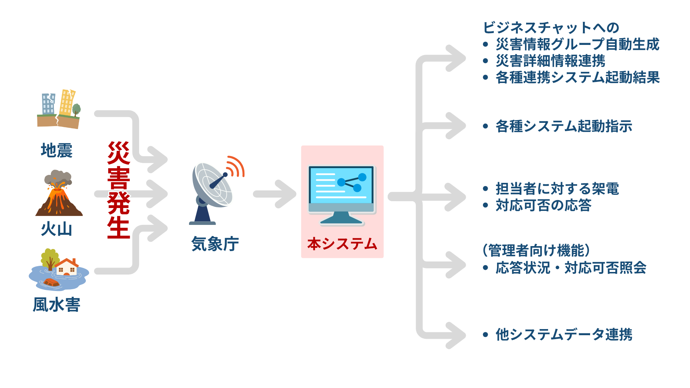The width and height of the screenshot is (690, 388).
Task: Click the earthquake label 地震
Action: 56,151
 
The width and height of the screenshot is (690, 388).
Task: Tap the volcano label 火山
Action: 56,229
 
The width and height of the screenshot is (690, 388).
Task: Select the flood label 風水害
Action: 56,305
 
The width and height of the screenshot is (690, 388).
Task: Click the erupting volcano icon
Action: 59,194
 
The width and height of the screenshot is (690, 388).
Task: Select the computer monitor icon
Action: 341,194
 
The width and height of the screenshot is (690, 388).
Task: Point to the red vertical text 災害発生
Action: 118,190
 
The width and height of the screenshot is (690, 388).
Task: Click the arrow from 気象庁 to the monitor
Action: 275,194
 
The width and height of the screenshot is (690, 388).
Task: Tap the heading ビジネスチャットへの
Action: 551,28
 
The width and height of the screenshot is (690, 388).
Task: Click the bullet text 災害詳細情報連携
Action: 550,61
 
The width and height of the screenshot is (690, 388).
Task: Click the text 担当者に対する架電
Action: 557,189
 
